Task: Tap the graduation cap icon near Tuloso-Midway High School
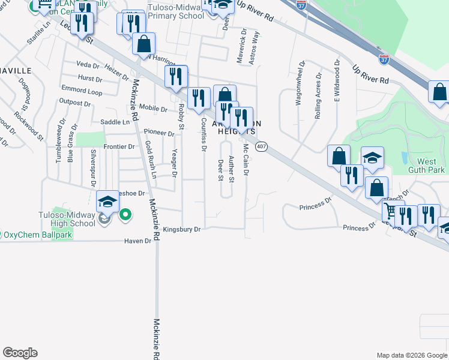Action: coord(107,202)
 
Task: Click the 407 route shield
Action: coord(261,146)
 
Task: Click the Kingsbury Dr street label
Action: coord(181,229)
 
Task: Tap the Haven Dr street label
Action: coord(137,241)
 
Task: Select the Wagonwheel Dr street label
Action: coord(298,83)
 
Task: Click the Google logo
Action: coord(20,353)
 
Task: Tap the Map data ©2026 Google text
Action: coord(411,355)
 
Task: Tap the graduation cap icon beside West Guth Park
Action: coord(372,158)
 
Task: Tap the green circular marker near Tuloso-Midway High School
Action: coord(125,214)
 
